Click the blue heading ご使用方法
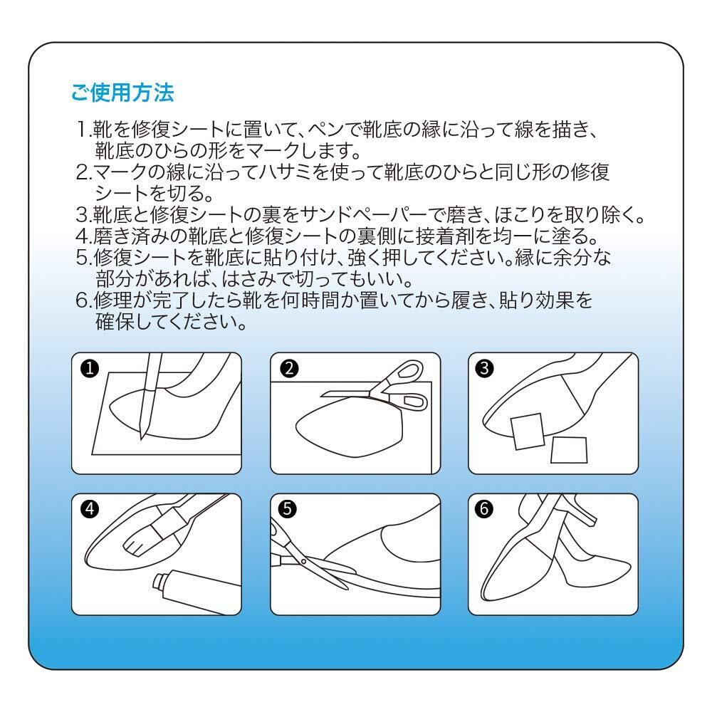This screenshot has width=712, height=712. click(x=122, y=92)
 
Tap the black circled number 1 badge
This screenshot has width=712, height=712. click(x=90, y=368)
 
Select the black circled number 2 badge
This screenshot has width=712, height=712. click(x=289, y=368)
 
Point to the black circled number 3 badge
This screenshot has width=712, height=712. click(x=484, y=368)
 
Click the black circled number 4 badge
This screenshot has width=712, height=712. click(x=90, y=509)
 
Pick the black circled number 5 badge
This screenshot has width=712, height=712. click(x=287, y=509)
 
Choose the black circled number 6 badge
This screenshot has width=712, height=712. click(x=484, y=509)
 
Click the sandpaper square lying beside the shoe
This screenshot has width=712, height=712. click(x=569, y=450)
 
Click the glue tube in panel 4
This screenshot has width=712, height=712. click(x=195, y=590)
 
